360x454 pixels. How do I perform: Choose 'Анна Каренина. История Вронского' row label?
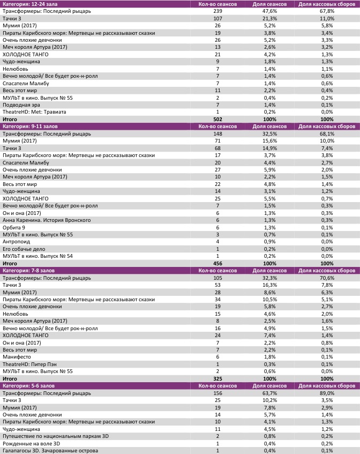47,220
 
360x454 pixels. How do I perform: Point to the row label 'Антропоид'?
17,242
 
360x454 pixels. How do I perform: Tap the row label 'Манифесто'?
17,357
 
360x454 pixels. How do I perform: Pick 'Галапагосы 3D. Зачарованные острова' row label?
51,450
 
